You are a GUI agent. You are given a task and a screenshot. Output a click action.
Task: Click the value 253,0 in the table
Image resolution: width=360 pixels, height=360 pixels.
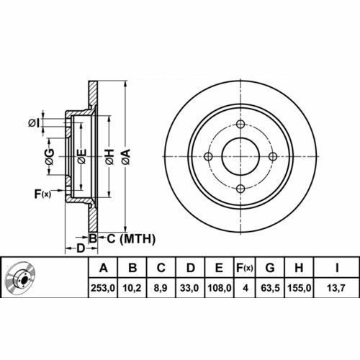(103, 288)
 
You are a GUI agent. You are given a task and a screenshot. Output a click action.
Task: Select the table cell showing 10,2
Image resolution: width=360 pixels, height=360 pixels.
(132, 288)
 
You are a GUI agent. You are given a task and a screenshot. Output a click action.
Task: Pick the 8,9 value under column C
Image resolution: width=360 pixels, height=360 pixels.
(161, 288)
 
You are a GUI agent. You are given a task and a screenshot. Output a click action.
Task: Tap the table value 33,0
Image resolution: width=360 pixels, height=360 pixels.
(189, 288)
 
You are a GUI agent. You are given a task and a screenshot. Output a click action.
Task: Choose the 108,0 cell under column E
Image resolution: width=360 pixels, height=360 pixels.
(219, 288)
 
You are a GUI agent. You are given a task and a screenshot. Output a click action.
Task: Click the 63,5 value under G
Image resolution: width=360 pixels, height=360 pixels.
(270, 288)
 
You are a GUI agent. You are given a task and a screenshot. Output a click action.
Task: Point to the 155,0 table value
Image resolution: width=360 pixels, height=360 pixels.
(299, 288)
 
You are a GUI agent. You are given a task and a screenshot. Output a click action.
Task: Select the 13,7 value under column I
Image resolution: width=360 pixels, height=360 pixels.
(336, 288)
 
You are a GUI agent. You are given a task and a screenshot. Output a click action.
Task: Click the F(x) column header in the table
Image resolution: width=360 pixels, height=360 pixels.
(245, 268)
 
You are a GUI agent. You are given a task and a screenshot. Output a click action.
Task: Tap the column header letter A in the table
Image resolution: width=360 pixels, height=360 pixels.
(104, 268)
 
